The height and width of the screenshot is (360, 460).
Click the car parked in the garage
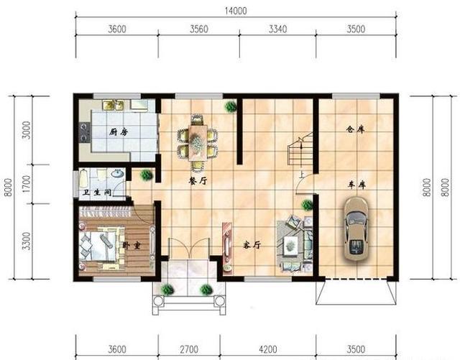coord(356,229)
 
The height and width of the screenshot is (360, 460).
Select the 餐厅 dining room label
coord(198,181)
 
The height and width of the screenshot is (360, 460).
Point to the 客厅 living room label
coord(252,245)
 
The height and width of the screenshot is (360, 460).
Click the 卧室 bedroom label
coord(131,245)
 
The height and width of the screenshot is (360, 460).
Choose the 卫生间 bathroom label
coord(97,193)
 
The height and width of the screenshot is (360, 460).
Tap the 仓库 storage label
coord(355,129)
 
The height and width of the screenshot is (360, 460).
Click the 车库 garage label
coord(356,185)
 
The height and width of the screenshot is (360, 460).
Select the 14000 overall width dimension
coord(236,11)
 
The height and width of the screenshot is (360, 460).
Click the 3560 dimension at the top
coord(199,29)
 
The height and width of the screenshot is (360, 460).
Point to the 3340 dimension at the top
coord(278,29)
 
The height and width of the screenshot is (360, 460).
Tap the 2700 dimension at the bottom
coord(189,349)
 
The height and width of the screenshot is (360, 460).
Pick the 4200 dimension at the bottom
coord(268,349)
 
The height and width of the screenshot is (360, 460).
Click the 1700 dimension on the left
coord(27,184)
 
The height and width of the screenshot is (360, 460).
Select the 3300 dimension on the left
coord(27,241)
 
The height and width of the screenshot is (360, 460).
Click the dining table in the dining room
coord(198,142)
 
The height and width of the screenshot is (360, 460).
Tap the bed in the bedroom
coord(98,246)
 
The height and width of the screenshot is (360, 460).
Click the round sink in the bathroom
coord(118,173)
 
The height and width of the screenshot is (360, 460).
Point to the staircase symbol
coord(300,149)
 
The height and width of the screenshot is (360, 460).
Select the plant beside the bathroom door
coord(146,175)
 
